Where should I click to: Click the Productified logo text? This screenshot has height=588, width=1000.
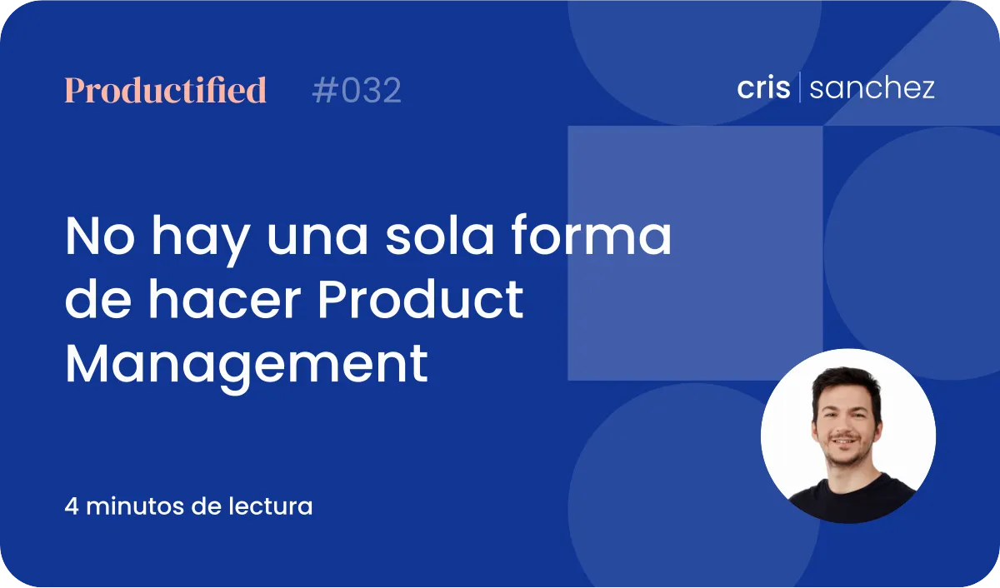[166, 90]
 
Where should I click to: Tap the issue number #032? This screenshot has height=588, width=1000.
[357, 90]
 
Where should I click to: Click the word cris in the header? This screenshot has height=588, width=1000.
[763, 87]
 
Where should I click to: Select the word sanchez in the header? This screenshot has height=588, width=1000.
[872, 87]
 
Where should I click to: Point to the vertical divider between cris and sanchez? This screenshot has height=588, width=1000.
[799, 87]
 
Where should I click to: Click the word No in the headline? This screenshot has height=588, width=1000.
[100, 236]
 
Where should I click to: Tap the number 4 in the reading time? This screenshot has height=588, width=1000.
[72, 506]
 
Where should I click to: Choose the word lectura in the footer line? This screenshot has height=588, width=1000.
[271, 506]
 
